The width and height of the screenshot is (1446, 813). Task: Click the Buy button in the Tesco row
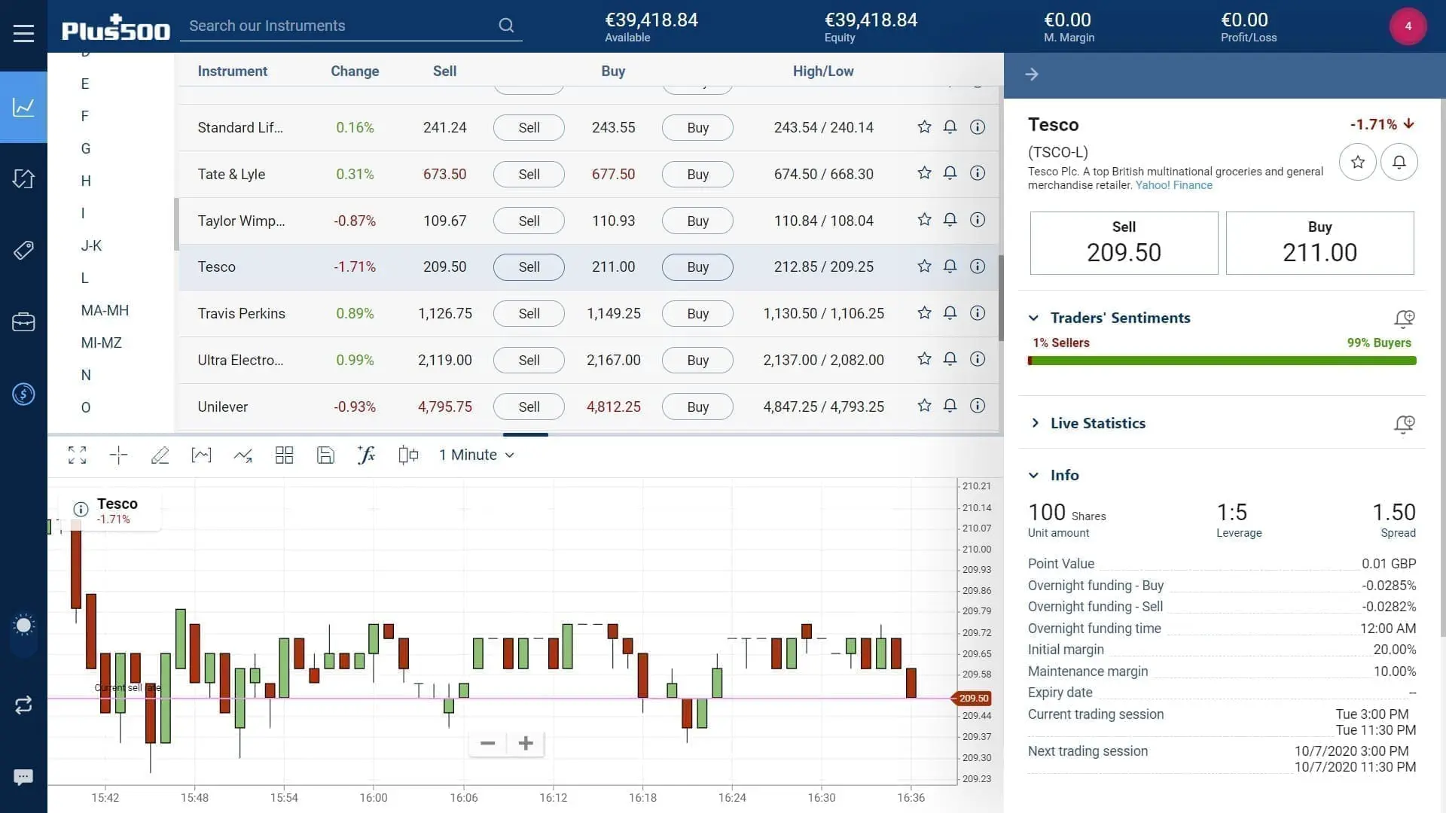pos(697,267)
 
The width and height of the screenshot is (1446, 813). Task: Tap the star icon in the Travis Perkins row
pos(924,313)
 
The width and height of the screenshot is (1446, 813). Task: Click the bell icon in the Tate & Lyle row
pos(950,174)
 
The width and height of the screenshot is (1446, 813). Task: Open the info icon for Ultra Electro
pos(977,360)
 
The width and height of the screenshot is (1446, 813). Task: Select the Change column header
pos(355,72)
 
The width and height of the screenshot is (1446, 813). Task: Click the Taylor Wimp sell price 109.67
pos(444,221)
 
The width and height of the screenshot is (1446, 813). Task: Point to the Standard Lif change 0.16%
pos(355,128)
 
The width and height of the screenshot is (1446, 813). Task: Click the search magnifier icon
pos(506,26)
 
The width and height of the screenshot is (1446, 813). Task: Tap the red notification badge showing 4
pos(1408,26)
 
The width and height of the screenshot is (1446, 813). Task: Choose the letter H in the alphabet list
pos(86,181)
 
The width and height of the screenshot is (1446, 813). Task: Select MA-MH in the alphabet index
pos(105,311)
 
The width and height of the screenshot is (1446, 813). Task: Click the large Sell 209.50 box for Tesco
pos(1124,243)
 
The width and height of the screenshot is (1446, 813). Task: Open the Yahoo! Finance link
pos(1173,185)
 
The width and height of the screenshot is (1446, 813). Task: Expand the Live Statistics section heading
pos(1097,423)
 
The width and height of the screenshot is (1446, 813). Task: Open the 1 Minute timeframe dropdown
pos(476,455)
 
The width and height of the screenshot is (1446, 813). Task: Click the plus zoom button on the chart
pos(526,744)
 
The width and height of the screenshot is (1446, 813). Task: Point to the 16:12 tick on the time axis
pos(553,798)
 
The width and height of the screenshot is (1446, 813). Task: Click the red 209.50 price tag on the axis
pos(973,699)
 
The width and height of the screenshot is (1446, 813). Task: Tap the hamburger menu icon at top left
pos(23,33)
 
